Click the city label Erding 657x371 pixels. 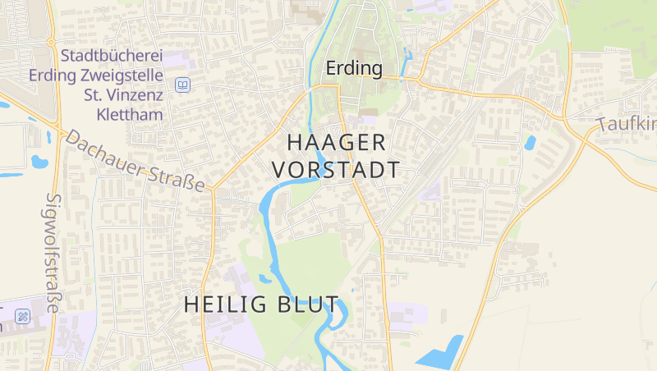click(x=354, y=68)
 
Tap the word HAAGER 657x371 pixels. click(x=337, y=142)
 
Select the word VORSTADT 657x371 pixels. click(x=336, y=170)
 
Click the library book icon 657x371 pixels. click(x=182, y=85)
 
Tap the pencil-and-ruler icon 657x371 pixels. click(x=23, y=316)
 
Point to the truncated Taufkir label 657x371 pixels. click(x=627, y=125)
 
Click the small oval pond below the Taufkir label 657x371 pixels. click(x=530, y=143)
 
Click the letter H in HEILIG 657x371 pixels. click(x=191, y=305)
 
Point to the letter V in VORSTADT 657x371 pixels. click(x=278, y=170)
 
